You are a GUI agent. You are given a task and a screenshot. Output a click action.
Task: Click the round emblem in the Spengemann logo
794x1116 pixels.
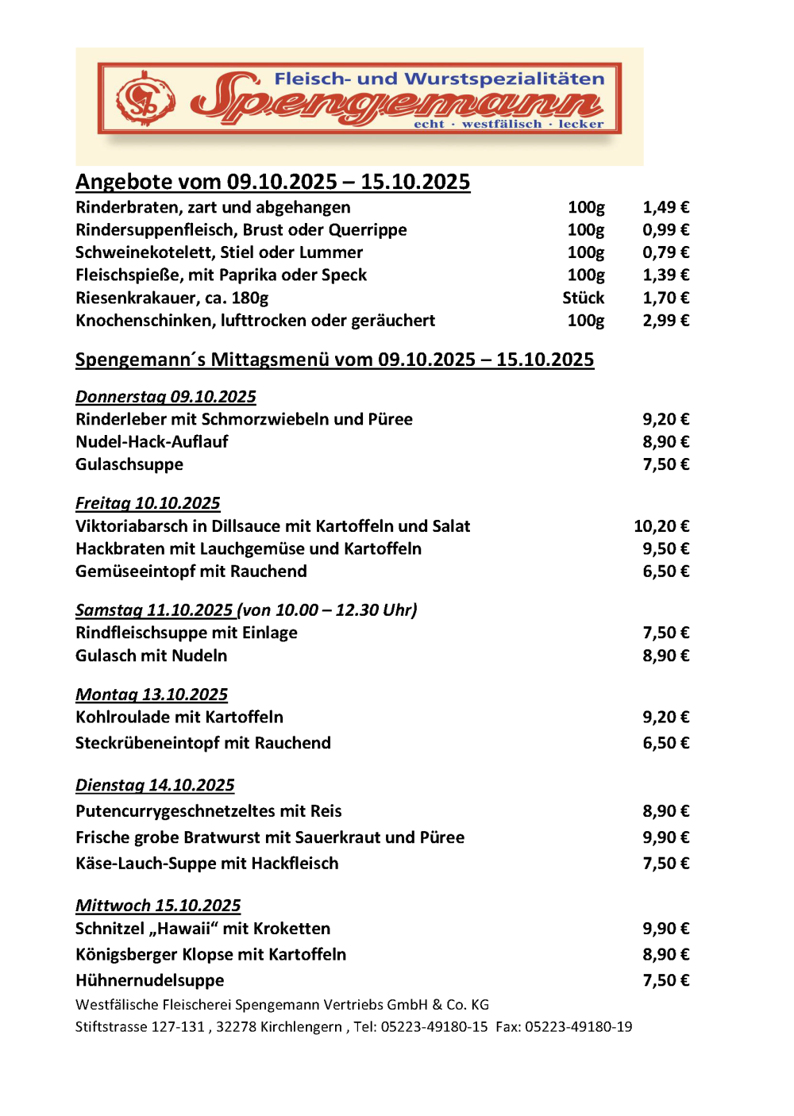(x=145, y=99)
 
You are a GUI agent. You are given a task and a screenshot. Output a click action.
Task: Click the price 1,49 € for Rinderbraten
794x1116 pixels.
(x=665, y=207)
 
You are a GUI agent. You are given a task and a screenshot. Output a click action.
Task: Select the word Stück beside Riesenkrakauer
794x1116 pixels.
(x=584, y=298)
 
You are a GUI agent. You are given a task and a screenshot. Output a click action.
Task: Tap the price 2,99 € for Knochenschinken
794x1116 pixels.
(x=665, y=321)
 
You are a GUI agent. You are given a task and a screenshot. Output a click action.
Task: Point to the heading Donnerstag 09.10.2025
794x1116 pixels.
(x=166, y=397)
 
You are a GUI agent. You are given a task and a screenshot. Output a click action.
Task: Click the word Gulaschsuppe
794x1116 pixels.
(x=129, y=464)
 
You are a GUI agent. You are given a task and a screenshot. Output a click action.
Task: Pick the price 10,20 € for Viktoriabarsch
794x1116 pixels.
(x=661, y=526)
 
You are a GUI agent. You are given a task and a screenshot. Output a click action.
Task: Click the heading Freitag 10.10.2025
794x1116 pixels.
(x=148, y=503)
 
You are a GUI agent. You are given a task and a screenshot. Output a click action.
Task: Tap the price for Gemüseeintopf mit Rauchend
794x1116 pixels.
(x=665, y=571)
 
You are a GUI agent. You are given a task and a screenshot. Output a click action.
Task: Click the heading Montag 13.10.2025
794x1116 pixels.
(x=152, y=695)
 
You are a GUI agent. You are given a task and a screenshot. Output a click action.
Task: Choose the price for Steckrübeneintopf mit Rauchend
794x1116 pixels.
(x=665, y=743)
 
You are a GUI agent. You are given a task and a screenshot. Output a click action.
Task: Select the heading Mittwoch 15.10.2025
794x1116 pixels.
(x=158, y=906)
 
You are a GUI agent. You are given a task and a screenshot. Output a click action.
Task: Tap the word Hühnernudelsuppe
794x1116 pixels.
(x=150, y=981)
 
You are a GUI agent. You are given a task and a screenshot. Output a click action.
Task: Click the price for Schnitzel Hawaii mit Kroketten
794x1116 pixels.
(x=665, y=929)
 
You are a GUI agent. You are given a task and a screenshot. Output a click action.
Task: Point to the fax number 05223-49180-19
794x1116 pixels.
(x=579, y=1027)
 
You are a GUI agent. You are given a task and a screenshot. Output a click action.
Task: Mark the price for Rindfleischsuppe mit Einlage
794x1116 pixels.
(x=665, y=633)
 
